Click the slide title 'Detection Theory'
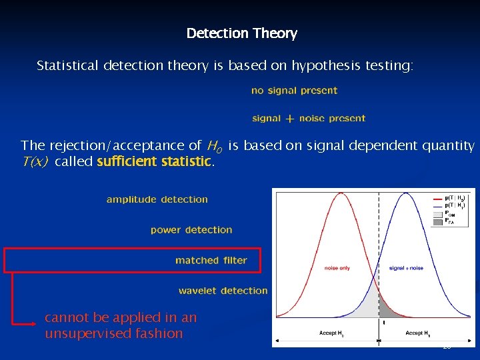[241, 33]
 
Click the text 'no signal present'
[294, 91]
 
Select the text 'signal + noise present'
[309, 119]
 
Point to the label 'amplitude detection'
[157, 199]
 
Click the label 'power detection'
[191, 230]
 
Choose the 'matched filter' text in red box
[211, 261]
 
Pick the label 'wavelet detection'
[223, 291]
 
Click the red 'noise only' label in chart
[337, 268]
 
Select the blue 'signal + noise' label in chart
[406, 268]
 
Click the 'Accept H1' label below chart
[417, 333]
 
